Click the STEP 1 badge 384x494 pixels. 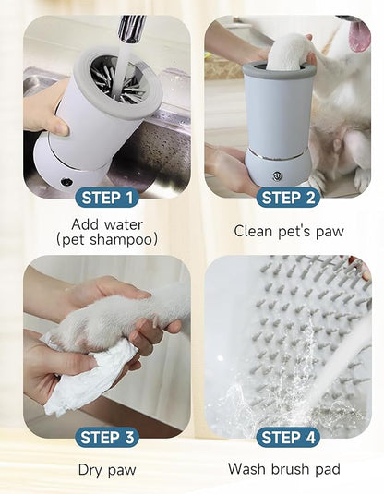107,197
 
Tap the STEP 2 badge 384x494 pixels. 288,197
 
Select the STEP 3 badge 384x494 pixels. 107,437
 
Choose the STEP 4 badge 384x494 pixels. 288,437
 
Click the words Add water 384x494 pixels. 107,223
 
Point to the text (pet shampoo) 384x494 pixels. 107,240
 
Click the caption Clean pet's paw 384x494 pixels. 288,231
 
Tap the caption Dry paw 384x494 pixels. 107,470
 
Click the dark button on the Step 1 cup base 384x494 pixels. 66,181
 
